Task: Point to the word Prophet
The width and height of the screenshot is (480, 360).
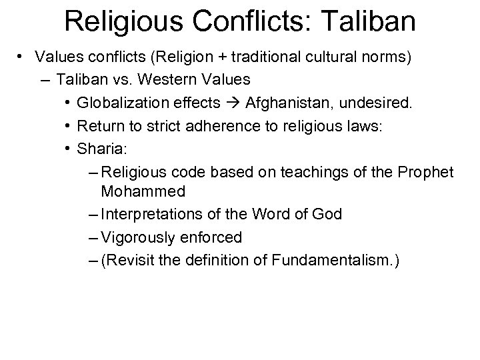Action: [x=425, y=173]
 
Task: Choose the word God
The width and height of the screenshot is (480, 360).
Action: [x=328, y=214]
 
